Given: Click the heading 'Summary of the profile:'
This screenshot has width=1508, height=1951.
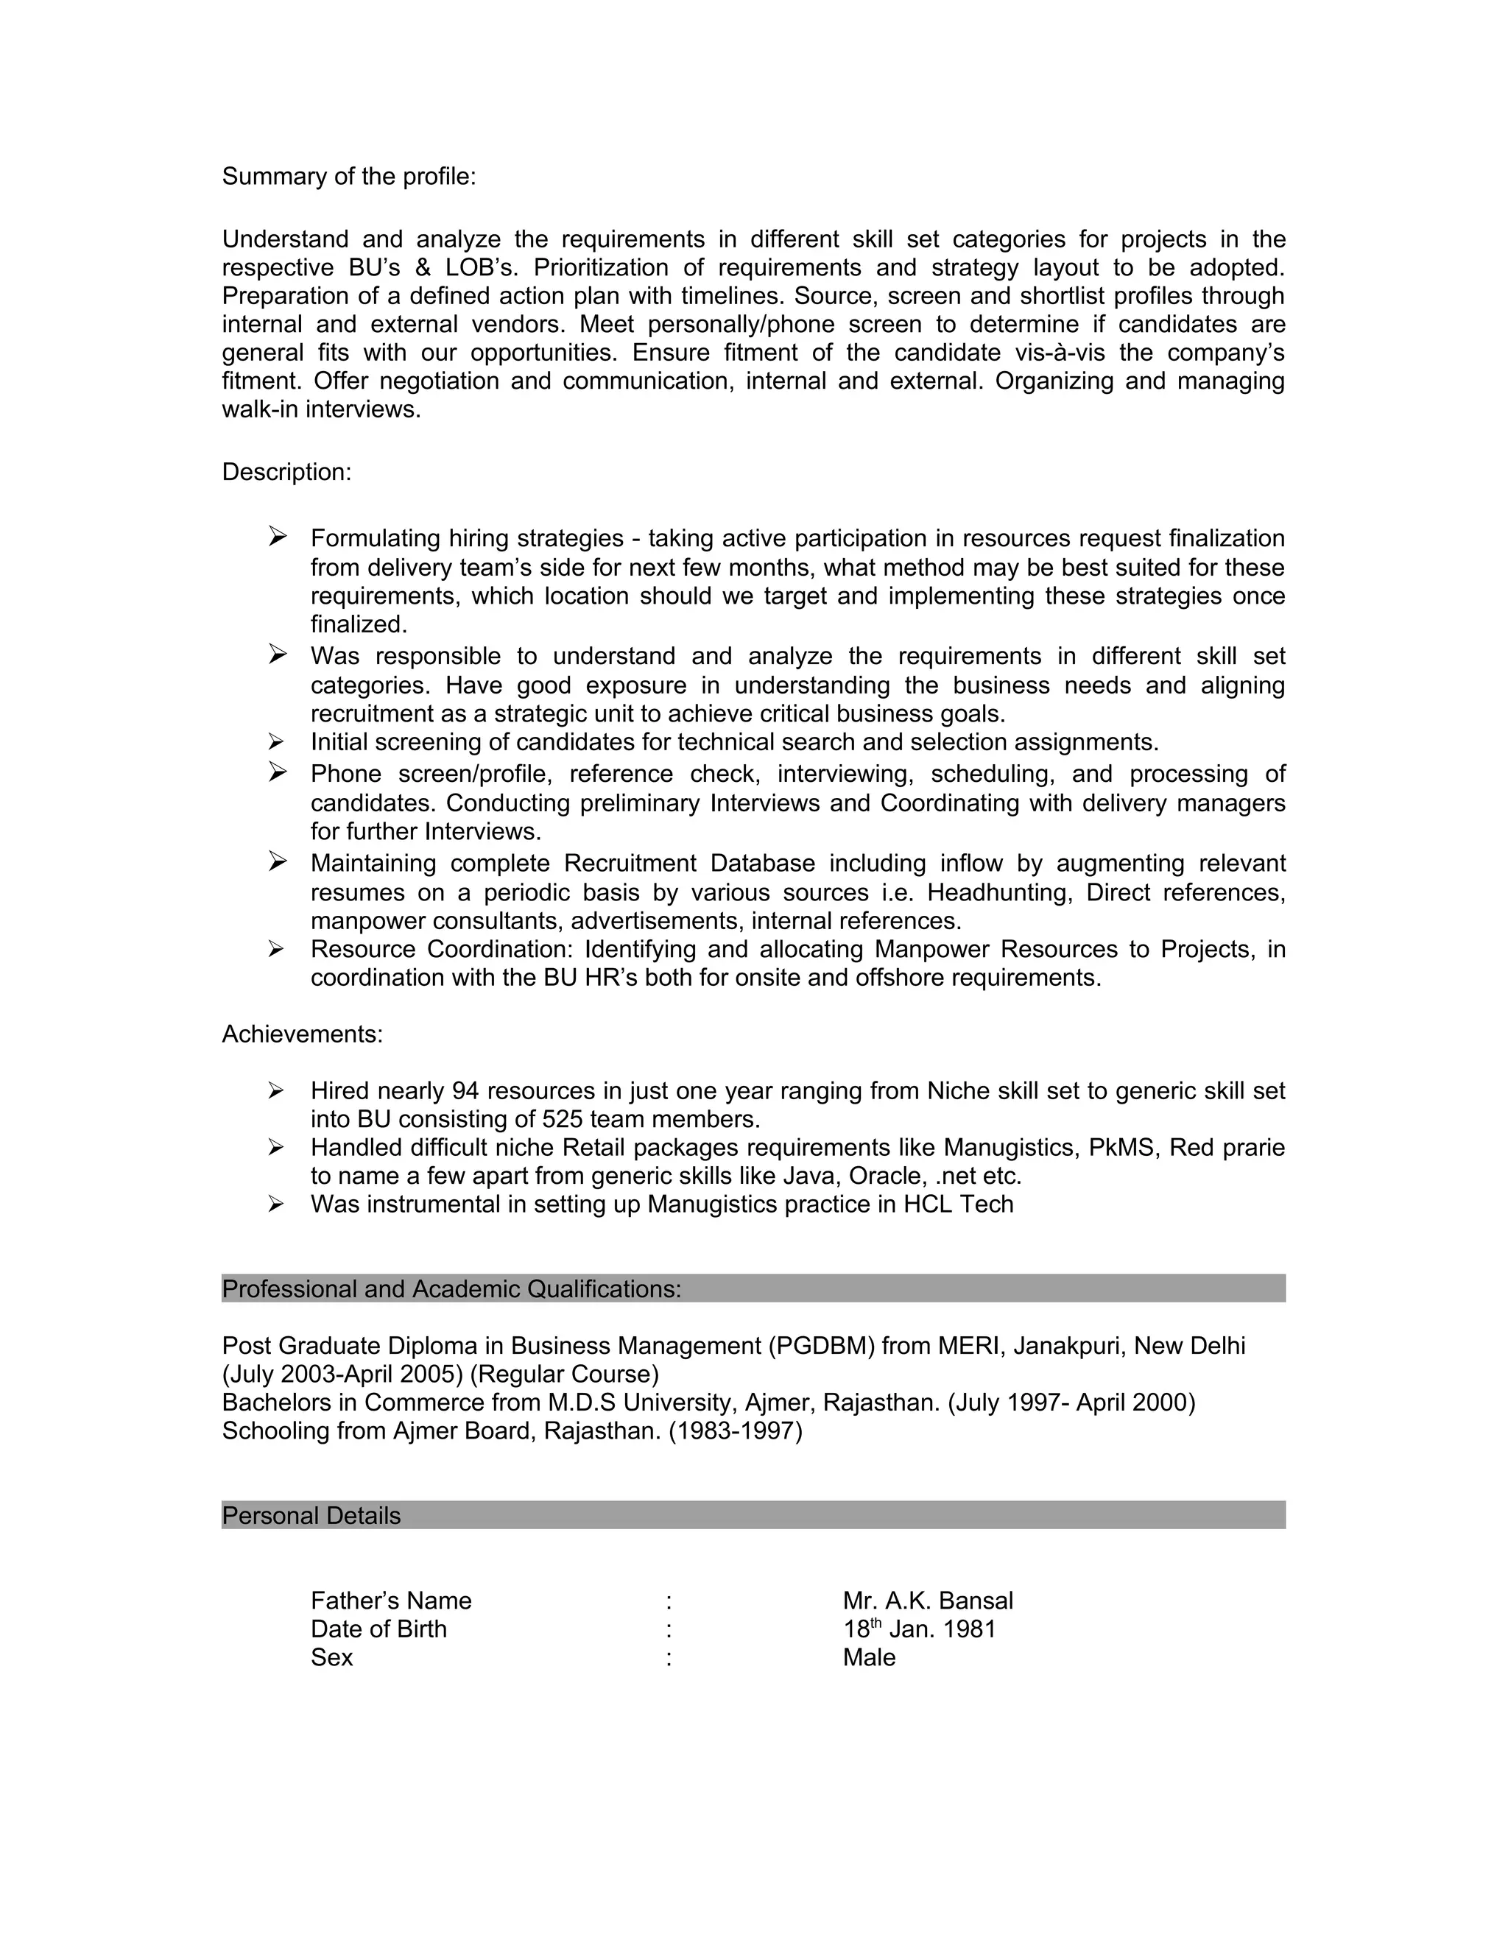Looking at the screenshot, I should (x=348, y=177).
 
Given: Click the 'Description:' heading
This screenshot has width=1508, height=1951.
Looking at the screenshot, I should (x=286, y=472).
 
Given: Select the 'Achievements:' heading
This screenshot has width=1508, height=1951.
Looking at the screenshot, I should (x=302, y=1034).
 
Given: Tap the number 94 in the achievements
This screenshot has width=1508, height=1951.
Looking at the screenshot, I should (x=465, y=1091).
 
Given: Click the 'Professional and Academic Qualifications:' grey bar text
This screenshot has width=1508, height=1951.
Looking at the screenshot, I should (x=451, y=1289).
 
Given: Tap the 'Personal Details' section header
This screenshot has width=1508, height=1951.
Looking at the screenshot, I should (x=311, y=1516).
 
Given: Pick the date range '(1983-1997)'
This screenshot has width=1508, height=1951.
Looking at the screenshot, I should (x=736, y=1431).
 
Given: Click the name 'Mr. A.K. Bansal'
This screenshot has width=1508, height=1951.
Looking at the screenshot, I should (x=927, y=1601).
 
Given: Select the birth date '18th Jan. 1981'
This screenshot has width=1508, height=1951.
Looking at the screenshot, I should (x=918, y=1629).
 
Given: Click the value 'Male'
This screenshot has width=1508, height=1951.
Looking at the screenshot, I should (x=868, y=1658).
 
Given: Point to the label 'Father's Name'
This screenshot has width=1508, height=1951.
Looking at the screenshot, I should (x=390, y=1601).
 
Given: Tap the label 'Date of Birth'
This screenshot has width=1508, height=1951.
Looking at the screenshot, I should (x=378, y=1629).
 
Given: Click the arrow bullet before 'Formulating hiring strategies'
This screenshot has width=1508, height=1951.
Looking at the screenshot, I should (x=277, y=536).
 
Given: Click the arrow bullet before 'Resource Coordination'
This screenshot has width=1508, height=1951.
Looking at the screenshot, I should (x=275, y=949).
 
